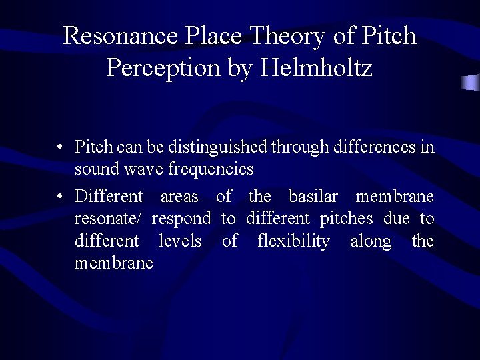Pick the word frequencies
pyautogui.click(x=211, y=169)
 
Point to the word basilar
pyautogui.click(x=313, y=196)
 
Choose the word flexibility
pyautogui.click(x=293, y=241)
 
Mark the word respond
pyautogui.click(x=181, y=219)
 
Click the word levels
pyautogui.click(x=180, y=241)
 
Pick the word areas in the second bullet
pyautogui.click(x=179, y=196)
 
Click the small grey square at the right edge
pyautogui.click(x=471, y=83)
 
